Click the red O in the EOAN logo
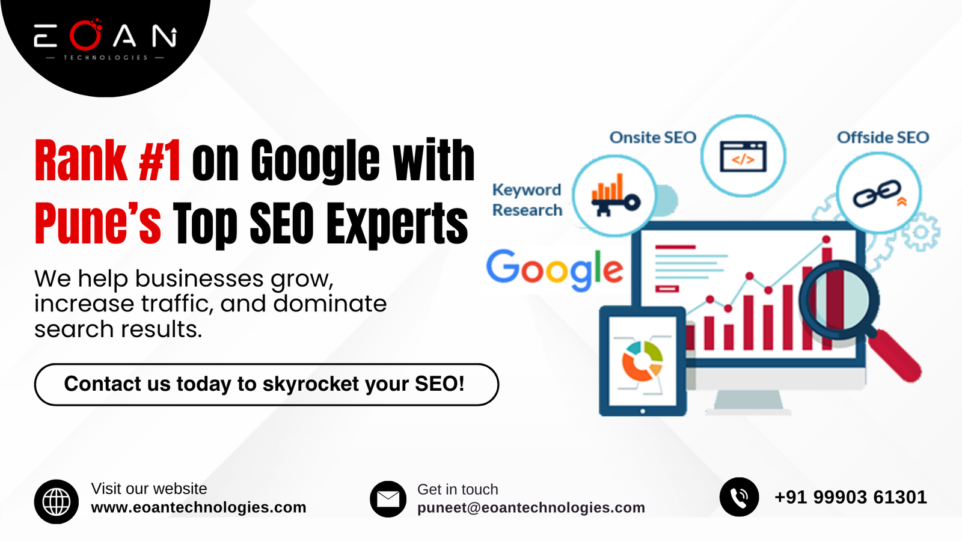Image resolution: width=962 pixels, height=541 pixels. click(x=85, y=36)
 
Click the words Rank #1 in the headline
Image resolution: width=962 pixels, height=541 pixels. click(x=107, y=161)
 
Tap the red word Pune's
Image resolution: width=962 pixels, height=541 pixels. click(x=97, y=224)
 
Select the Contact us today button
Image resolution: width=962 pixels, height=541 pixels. click(x=266, y=384)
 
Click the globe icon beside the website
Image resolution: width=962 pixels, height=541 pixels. click(x=57, y=501)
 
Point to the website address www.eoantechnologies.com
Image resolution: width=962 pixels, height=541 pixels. click(x=198, y=507)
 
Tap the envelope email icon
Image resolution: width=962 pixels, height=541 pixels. click(x=388, y=499)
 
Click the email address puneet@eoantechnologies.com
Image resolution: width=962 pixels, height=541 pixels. click(x=531, y=508)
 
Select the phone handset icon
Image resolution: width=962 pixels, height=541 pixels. click(x=739, y=497)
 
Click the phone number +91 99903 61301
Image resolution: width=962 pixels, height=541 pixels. click(x=850, y=497)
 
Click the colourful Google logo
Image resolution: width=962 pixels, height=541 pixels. click(x=554, y=269)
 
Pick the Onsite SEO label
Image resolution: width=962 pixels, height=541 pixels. click(x=652, y=138)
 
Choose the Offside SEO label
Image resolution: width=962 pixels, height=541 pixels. click(x=883, y=138)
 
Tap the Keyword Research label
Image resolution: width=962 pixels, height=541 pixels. click(x=527, y=200)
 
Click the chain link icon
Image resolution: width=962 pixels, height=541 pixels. click(x=878, y=194)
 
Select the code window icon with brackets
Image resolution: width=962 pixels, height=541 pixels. click(x=743, y=156)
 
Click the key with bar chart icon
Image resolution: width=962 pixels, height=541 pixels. click(x=614, y=196)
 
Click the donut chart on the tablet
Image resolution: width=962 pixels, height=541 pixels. click(x=642, y=361)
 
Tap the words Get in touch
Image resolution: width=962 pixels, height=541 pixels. click(x=458, y=489)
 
